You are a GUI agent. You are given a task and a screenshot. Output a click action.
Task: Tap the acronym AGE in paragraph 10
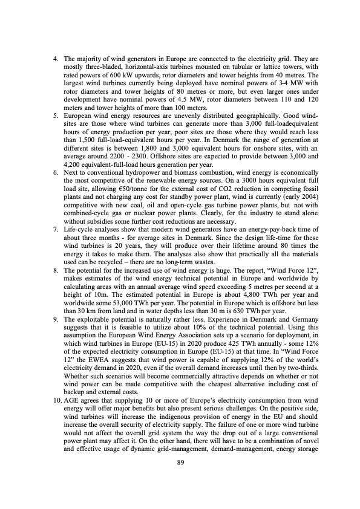73,420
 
